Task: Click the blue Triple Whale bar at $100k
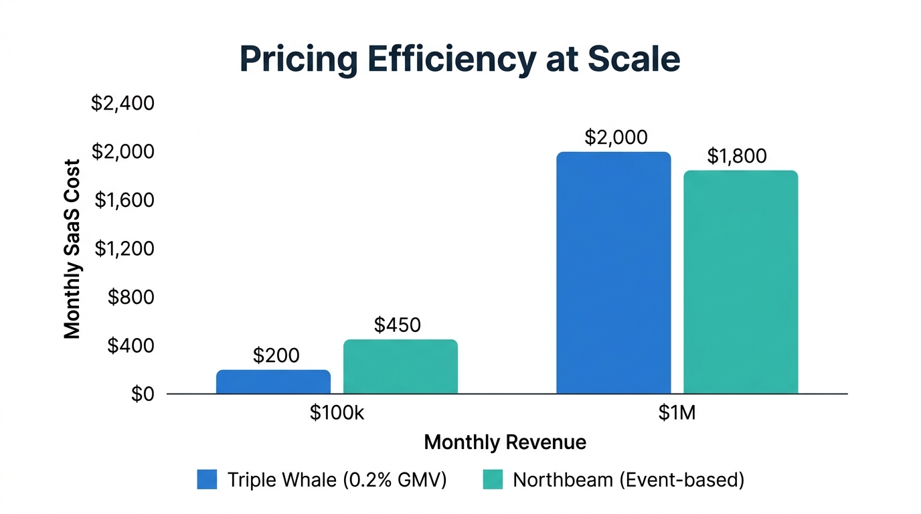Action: [x=273, y=381]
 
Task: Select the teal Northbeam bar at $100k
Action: [x=400, y=367]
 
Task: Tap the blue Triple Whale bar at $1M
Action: [x=613, y=273]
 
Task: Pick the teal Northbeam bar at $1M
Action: [x=740, y=282]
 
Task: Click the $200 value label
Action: [x=276, y=355]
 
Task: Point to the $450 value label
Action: [x=397, y=325]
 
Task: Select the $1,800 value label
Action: [x=736, y=156]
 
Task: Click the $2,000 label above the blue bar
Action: [x=616, y=137]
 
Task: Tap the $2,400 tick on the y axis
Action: [x=122, y=104]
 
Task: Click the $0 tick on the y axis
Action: [x=141, y=394]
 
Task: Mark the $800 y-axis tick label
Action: [x=131, y=297]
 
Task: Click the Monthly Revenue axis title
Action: [x=505, y=442]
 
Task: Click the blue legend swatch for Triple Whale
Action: [x=207, y=480]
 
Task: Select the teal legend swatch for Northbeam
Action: [x=492, y=480]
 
